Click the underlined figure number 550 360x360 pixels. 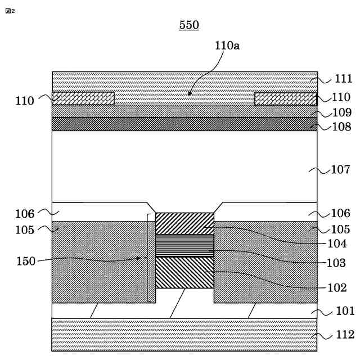tap(189, 25)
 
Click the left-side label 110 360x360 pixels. tap(25, 101)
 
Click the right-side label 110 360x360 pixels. tap(341, 97)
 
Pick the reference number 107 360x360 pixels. tap(341, 169)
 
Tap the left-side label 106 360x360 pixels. tap(25, 214)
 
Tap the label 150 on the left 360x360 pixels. tap(26, 261)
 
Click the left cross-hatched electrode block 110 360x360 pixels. tap(83, 98)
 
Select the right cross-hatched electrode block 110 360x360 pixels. tap(285, 98)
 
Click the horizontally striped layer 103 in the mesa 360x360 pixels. tap(184, 245)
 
